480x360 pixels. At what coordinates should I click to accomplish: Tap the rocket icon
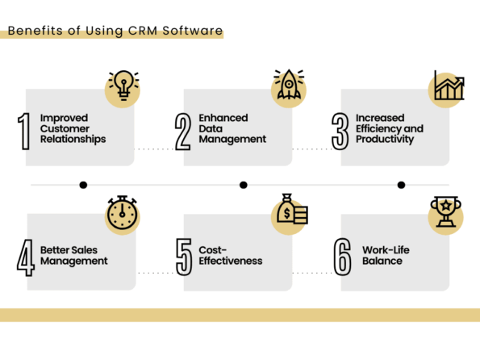click(288, 85)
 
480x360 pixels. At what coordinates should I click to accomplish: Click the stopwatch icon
click(123, 214)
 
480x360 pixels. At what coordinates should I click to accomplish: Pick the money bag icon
click(290, 214)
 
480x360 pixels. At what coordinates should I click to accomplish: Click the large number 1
click(24, 132)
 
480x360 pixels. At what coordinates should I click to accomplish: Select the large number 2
click(183, 132)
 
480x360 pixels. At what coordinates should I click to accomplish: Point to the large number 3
click(341, 132)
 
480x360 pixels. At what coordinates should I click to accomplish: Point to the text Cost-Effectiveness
click(230, 256)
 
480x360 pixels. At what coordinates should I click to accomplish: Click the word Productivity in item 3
click(387, 139)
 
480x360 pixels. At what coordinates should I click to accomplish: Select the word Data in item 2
click(212, 128)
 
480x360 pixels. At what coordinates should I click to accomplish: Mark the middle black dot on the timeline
click(243, 185)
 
